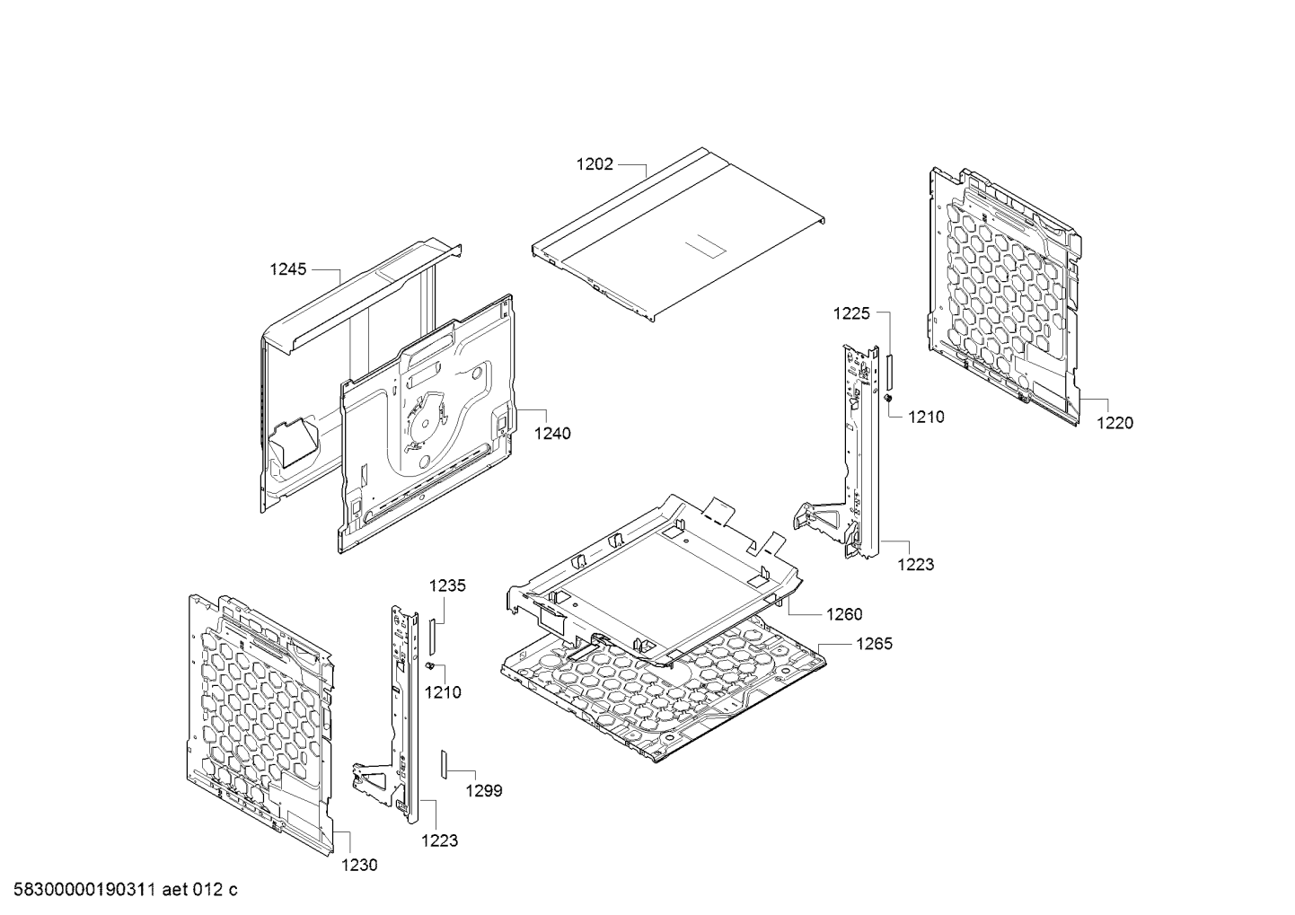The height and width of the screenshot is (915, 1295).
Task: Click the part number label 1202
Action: pos(595,164)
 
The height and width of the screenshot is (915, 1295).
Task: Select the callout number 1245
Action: pos(288,268)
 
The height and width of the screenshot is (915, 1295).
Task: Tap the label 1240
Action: pos(551,433)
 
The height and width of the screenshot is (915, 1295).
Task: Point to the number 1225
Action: pos(851,313)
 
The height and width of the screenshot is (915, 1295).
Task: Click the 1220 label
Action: pos(1114,423)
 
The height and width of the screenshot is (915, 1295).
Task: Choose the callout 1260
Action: pos(843,614)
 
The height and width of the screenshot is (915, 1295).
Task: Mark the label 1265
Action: pos(874,644)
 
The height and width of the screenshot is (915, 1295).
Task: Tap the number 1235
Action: pos(446,585)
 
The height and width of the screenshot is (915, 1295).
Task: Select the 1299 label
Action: pos(483,791)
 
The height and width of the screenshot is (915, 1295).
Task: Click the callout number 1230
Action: pos(359,865)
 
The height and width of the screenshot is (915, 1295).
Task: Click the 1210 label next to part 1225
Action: pos(926,417)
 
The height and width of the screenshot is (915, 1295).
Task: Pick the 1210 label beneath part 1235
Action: pos(443,692)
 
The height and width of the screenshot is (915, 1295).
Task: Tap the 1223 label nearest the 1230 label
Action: pos(439,840)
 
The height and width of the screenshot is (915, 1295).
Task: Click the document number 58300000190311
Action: pos(82,890)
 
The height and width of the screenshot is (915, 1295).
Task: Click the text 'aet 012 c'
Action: pos(203,890)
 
